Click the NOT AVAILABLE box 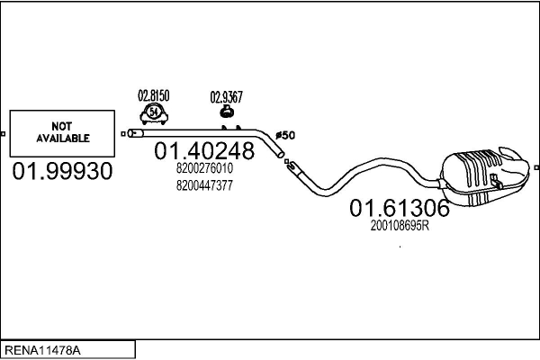coord(62,133)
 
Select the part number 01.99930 coord(62,171)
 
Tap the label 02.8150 coord(153,94)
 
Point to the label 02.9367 coord(226,96)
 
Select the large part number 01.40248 coord(204,150)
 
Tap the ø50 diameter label coord(284,135)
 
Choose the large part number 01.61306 coord(400,209)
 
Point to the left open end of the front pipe coord(134,133)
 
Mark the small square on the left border coord(4,134)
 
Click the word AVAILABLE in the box coord(62,139)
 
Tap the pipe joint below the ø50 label coord(290,165)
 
